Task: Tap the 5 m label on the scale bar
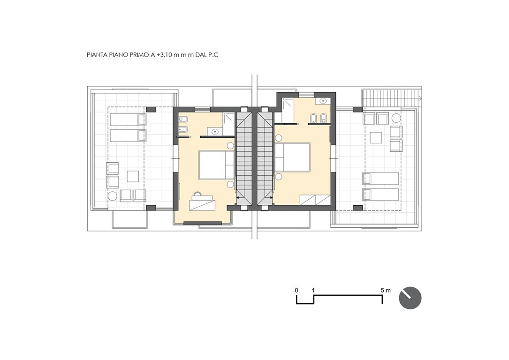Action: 386,290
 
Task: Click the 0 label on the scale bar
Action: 296,290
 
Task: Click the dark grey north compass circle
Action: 410,298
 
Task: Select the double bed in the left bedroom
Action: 216,165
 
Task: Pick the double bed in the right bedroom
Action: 292,157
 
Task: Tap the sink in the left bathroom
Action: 214,131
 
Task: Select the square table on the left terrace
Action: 133,176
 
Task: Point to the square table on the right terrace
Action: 376,137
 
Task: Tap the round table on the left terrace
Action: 112,196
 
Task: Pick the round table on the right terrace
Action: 396,117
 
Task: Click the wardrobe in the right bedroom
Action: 315,200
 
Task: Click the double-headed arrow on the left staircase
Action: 243,197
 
